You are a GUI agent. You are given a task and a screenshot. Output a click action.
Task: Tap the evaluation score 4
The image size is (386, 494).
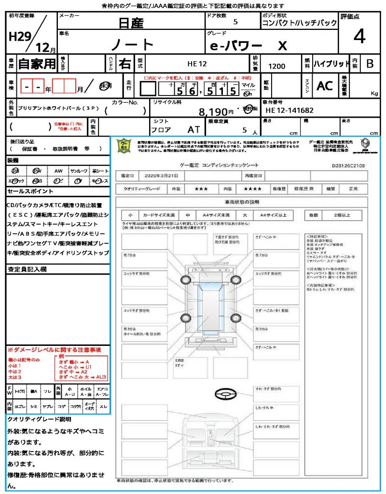pos(359,37)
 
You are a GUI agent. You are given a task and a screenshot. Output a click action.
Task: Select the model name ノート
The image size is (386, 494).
pos(132,44)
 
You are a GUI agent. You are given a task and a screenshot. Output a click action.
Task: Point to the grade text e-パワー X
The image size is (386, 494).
pos(248,45)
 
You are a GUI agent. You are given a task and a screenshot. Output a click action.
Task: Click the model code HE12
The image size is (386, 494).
pos(197,64)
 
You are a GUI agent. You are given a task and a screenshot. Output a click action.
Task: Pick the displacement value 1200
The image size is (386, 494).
pos(276,66)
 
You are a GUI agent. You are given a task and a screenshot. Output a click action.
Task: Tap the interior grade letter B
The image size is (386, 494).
pos(370,64)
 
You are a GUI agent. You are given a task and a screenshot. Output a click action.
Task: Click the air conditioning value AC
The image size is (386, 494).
pos(324,86)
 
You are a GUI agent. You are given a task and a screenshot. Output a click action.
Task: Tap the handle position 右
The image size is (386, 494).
pos(125,63)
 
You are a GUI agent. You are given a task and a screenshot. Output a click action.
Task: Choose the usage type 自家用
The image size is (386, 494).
pos(37,63)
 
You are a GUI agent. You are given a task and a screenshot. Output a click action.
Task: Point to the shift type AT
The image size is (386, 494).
pos(194,130)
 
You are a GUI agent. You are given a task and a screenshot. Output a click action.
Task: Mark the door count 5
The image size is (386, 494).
pos(235,22)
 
